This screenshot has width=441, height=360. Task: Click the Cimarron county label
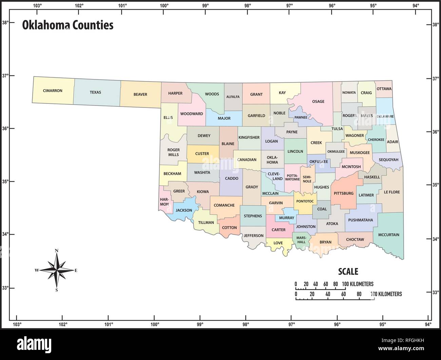pos(53,91)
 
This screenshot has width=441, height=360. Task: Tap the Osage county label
pos(318,101)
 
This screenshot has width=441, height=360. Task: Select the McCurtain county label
pos(389,235)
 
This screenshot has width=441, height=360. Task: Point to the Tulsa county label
pos(337,129)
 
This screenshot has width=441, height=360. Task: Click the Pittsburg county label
pos(344,193)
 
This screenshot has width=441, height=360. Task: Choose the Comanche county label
pos(224,205)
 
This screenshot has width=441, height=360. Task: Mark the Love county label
pos(278,243)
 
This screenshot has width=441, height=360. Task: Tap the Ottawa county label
pos(384,89)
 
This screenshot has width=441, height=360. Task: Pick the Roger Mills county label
pos(173,152)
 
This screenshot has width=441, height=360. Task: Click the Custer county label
pos(202,154)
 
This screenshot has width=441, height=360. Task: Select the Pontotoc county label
pos(305,201)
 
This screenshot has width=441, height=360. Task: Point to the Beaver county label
pos(140,94)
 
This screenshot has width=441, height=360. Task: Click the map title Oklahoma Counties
pos(68,25)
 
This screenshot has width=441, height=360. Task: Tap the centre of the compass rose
pos(57,270)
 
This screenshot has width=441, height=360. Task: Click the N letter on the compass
pos(57,251)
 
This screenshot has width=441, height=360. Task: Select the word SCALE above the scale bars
pos(348,271)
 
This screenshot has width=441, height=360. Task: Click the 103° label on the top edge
pos(38,5)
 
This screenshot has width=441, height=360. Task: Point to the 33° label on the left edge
pos(5,288)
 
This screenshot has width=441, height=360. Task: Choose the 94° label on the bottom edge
pos(428,325)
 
